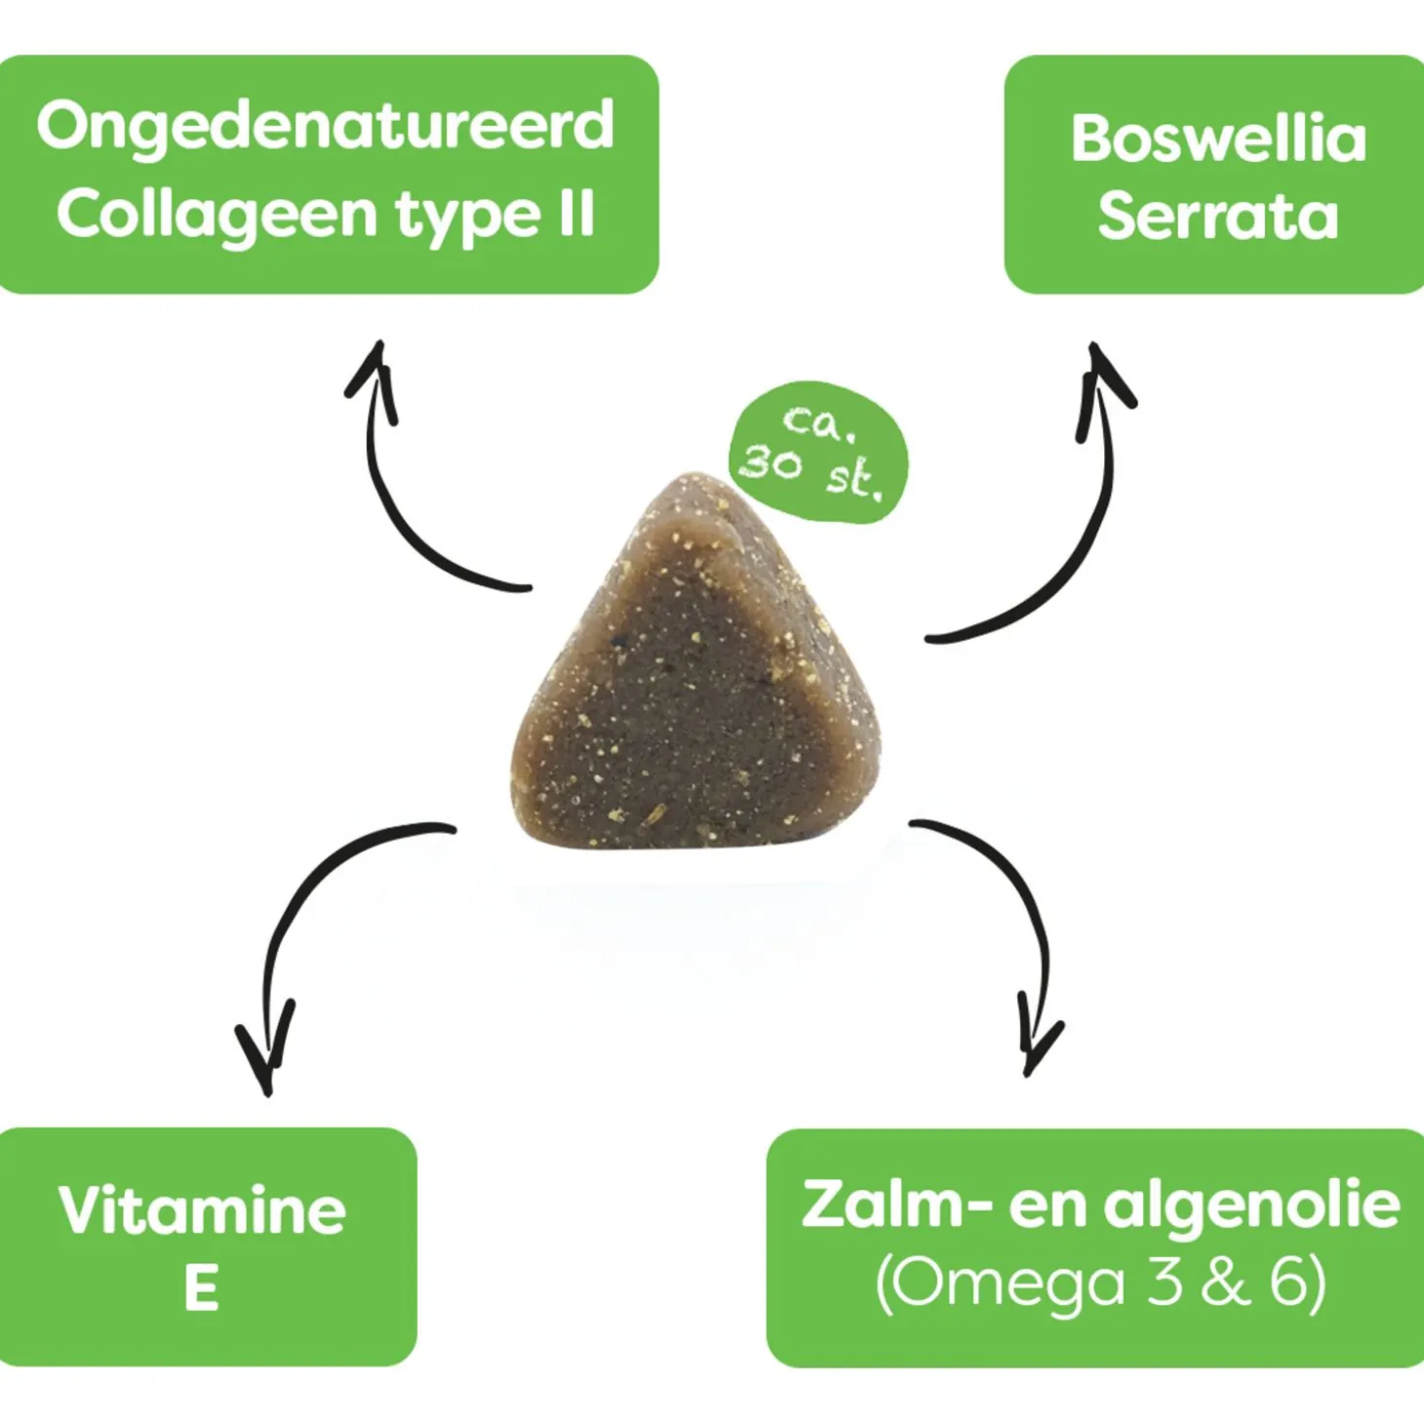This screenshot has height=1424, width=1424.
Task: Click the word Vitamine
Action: point(202,1209)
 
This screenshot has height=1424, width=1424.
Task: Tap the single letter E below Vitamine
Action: point(202,1288)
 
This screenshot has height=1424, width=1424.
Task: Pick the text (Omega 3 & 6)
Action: point(1100,1286)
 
